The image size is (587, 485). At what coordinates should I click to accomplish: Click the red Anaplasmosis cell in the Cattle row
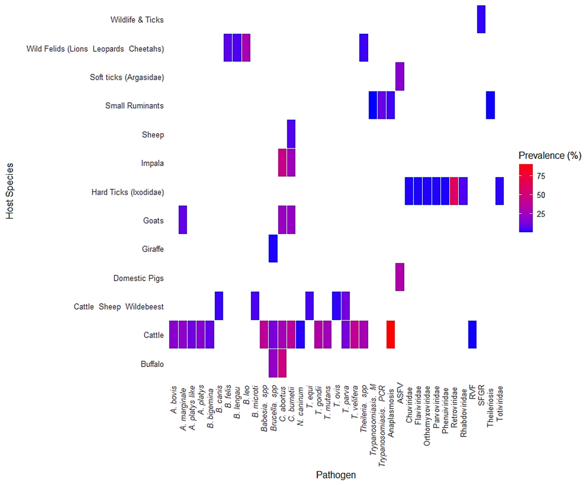391,335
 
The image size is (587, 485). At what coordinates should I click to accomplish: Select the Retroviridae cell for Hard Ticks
454,191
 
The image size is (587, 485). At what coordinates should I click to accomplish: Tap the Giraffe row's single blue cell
273,249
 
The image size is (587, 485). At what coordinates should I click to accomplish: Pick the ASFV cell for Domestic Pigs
400,277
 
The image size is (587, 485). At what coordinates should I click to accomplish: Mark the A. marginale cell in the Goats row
183,220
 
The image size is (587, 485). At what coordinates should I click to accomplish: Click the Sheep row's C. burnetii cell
291,134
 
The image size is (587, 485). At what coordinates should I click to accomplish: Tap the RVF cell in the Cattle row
472,335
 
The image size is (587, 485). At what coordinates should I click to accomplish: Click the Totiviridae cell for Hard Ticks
500,191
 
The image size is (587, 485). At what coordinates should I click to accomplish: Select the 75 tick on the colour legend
541,176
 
